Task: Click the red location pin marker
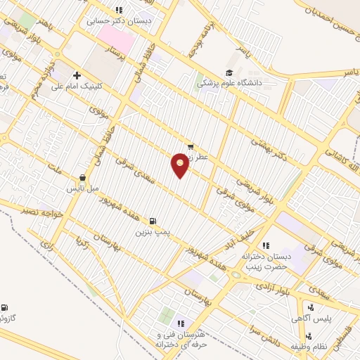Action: [x=180, y=165]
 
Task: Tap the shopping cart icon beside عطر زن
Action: [x=191, y=147]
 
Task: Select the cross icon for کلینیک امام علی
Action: [x=77, y=75]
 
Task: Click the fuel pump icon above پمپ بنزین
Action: [x=153, y=220]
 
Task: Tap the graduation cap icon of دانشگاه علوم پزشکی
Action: [x=229, y=73]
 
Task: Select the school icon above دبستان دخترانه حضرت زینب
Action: [x=266, y=245]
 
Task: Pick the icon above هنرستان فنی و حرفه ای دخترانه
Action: [x=181, y=323]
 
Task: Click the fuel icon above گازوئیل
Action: [x=4, y=307]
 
